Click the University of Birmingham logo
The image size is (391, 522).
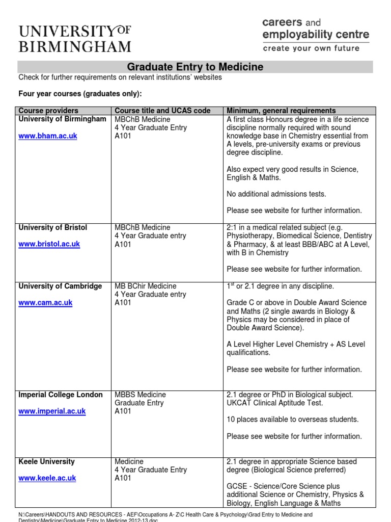click(x=75, y=39)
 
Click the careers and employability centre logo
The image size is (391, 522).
click(x=316, y=35)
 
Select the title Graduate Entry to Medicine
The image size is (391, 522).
click(x=195, y=67)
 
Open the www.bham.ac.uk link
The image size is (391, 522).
click(x=48, y=136)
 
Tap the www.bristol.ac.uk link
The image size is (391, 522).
click(x=49, y=244)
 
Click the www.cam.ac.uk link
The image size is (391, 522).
click(x=45, y=303)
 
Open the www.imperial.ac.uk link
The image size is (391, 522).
click(x=52, y=411)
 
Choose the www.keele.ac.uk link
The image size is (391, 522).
click(x=47, y=478)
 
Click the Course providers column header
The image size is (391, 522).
click(x=48, y=111)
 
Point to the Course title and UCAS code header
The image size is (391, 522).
click(x=162, y=111)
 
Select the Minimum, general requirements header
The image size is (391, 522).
click(x=281, y=111)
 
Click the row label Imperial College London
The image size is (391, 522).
click(x=61, y=395)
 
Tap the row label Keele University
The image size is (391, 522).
click(x=46, y=461)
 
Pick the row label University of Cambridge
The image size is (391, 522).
click(x=60, y=286)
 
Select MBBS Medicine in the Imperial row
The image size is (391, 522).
click(x=141, y=395)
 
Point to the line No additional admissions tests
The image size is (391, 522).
click(x=276, y=194)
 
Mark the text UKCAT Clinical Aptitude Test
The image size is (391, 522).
click(x=275, y=403)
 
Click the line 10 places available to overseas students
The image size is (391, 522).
click(x=293, y=420)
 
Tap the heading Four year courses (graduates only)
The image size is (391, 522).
click(x=80, y=94)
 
